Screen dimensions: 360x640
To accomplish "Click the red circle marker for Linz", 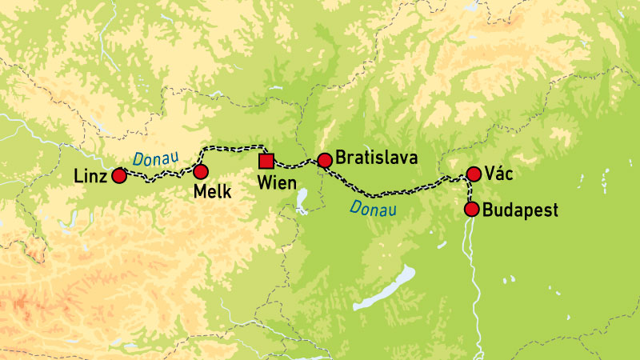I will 119,175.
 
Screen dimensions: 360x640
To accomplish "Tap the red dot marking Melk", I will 200,171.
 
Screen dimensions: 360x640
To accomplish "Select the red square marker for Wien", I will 266,161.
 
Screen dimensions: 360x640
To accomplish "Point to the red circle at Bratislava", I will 324,161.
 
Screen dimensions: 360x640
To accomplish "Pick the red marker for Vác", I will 473,174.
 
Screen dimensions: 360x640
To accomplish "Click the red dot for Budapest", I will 471,210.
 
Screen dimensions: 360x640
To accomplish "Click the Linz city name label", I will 88,176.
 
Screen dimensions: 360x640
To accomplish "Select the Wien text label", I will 277,183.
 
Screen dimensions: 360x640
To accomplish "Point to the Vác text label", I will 503,174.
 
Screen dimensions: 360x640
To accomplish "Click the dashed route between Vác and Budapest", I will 470,192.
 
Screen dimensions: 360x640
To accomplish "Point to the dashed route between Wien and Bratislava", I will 295,165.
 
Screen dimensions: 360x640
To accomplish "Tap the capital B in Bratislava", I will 342,158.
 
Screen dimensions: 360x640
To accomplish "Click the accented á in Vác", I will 506,174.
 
